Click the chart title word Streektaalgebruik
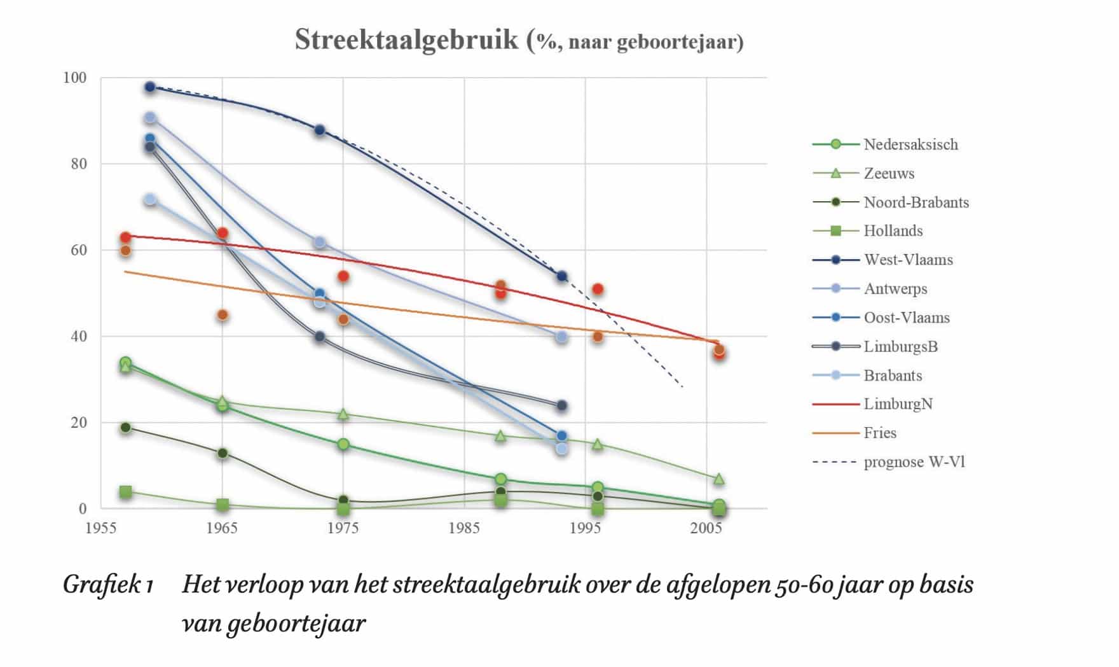click(406, 40)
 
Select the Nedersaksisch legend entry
click(910, 144)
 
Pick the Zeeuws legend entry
click(888, 173)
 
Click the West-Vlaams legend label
click(908, 260)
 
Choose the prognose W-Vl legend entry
click(914, 462)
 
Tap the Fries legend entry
click(880, 433)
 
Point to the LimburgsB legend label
click(900, 346)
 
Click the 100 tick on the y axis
click(74, 78)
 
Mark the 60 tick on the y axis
click(78, 250)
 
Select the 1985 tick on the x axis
click(464, 528)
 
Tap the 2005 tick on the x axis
click(706, 528)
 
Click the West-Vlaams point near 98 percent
click(150, 87)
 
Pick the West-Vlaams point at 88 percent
click(320, 130)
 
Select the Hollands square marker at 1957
click(125, 491)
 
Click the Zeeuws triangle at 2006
click(718, 479)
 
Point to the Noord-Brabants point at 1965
click(223, 453)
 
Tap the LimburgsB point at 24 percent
click(561, 405)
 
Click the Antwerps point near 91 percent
click(150, 118)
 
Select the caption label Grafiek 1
click(108, 584)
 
